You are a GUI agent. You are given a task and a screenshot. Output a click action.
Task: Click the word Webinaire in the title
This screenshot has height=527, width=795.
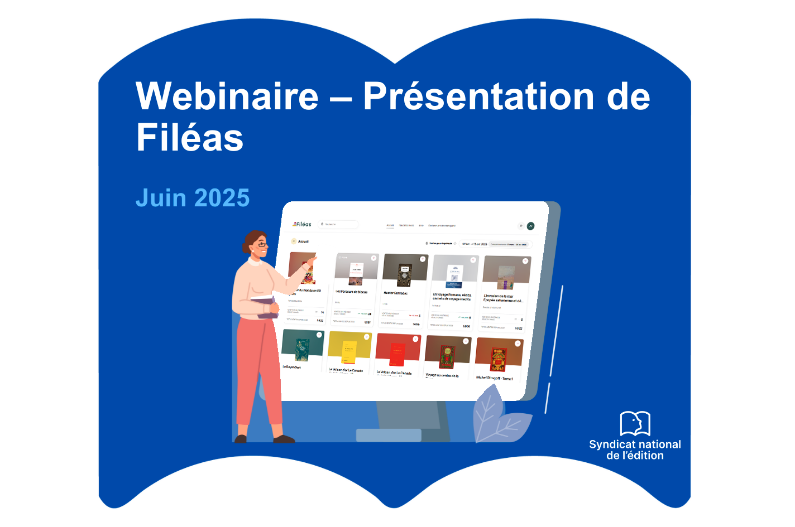click(x=227, y=96)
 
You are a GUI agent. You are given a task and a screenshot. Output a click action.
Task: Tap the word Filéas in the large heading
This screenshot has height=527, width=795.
click(x=190, y=138)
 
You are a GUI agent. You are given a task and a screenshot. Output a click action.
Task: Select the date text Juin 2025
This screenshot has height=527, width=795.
click(x=193, y=199)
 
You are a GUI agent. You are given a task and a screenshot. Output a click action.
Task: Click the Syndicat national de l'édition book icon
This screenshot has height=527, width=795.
click(x=635, y=423)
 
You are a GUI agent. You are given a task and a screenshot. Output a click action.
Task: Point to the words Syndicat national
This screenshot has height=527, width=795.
click(x=635, y=444)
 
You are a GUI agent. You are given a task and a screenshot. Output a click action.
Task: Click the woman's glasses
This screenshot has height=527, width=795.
click(x=262, y=245)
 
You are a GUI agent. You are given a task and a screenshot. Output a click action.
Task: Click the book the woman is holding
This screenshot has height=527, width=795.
click(x=266, y=307)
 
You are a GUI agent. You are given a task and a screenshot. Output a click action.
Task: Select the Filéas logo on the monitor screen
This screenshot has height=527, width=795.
click(x=302, y=224)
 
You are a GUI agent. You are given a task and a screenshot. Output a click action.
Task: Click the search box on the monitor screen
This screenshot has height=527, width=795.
click(x=338, y=224)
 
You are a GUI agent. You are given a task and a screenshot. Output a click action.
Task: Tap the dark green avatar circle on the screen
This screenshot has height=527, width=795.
click(x=530, y=226)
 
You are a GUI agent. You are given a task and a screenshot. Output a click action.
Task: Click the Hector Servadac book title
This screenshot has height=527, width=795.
click(x=395, y=293)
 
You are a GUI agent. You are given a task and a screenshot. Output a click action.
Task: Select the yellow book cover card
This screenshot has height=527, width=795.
click(x=349, y=348)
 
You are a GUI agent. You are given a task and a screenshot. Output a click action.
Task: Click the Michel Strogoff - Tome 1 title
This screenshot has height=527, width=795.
click(x=494, y=378)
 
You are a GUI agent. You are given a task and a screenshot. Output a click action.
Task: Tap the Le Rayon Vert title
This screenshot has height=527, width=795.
click(x=292, y=367)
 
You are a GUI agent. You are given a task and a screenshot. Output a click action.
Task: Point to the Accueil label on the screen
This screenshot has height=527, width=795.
click(x=303, y=241)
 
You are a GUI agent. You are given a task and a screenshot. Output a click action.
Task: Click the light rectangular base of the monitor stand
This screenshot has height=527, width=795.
click(x=389, y=435)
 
